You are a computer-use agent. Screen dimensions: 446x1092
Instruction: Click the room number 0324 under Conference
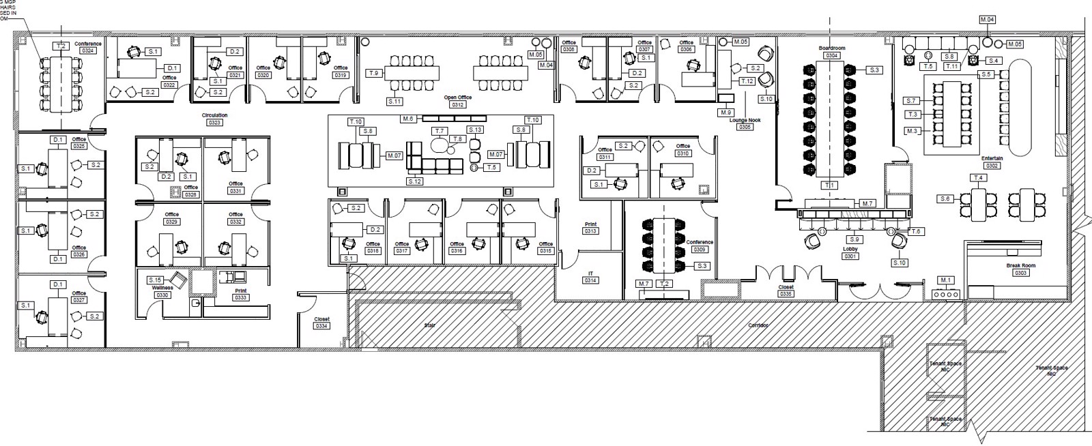(x=88, y=50)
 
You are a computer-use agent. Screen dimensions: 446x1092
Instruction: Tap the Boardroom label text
(x=832, y=48)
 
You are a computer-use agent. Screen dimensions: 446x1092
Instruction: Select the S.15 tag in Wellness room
(x=155, y=280)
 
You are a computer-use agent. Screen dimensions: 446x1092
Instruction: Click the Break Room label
(x=1020, y=265)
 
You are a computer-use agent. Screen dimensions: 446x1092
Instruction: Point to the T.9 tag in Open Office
(x=373, y=73)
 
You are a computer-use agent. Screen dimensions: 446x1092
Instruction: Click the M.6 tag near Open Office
(x=408, y=119)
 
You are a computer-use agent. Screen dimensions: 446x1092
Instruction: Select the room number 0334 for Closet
(x=321, y=326)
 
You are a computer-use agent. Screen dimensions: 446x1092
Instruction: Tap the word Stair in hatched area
(x=429, y=325)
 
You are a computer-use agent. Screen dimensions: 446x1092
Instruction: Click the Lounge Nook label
(x=745, y=120)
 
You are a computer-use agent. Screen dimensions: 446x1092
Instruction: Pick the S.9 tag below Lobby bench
(x=854, y=239)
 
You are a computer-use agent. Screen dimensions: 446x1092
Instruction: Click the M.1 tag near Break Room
(x=945, y=280)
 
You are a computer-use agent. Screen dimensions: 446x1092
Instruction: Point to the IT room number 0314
(x=590, y=280)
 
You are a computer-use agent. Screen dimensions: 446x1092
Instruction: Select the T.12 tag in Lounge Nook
(x=747, y=81)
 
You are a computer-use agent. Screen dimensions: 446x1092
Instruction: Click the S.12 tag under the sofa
(x=414, y=181)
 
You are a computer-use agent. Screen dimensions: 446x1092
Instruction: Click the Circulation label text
(x=214, y=115)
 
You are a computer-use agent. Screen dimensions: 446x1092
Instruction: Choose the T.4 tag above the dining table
(x=979, y=178)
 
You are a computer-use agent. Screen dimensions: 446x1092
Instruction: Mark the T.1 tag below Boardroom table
(x=830, y=185)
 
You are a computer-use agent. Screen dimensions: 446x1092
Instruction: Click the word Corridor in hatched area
(x=758, y=325)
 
